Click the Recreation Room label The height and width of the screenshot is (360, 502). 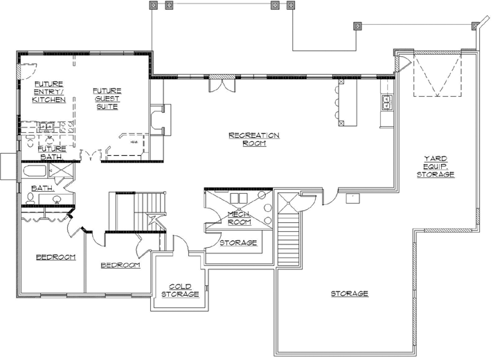click(x=254, y=139)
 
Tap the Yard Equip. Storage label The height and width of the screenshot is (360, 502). click(x=435, y=167)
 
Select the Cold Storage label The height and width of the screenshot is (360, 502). click(x=180, y=289)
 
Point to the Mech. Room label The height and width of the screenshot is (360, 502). click(x=239, y=219)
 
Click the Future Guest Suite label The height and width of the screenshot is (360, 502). click(x=107, y=98)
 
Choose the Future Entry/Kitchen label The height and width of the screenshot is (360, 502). click(x=49, y=91)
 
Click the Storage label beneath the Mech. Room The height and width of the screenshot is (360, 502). click(x=238, y=243)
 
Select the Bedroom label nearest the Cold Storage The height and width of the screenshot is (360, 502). click(x=120, y=265)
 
